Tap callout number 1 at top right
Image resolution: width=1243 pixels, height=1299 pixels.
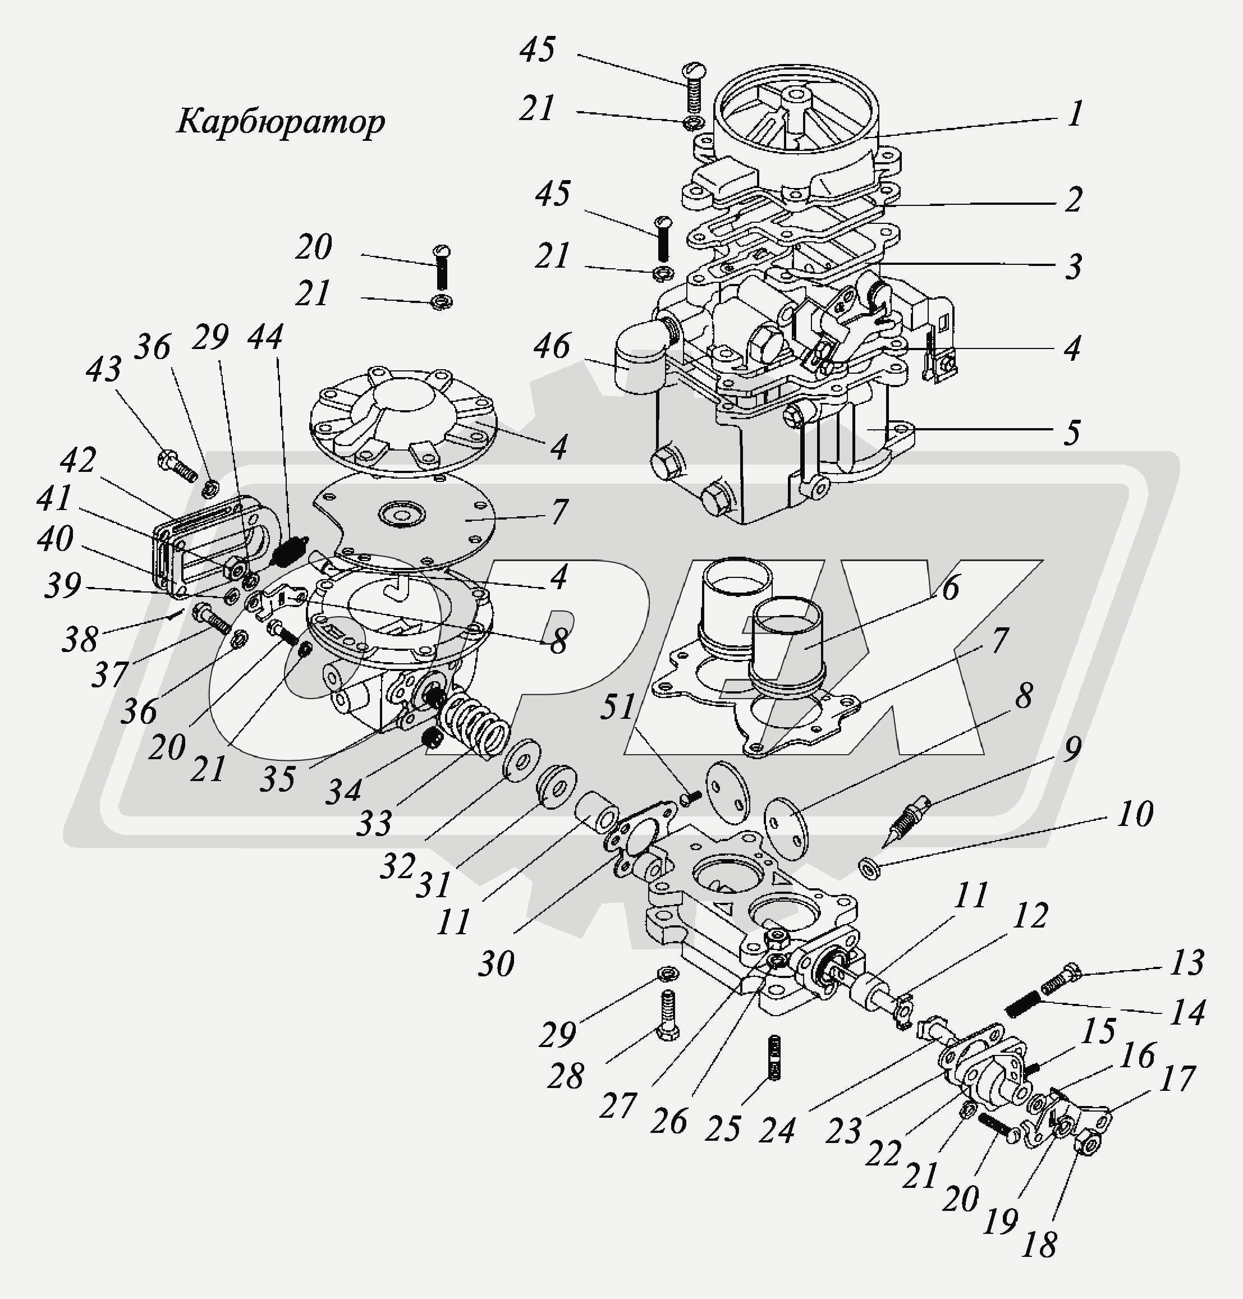point(1075,114)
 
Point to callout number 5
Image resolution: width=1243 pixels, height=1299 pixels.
point(1071,432)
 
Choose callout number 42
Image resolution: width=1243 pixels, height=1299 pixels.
point(78,460)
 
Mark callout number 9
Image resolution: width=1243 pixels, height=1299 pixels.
point(1071,749)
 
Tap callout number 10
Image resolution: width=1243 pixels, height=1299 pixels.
point(1134,814)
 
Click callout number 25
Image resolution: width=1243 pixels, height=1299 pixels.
point(722,1127)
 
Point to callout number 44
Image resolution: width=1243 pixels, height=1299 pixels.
point(265,337)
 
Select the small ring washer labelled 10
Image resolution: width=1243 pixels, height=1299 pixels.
point(869,867)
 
